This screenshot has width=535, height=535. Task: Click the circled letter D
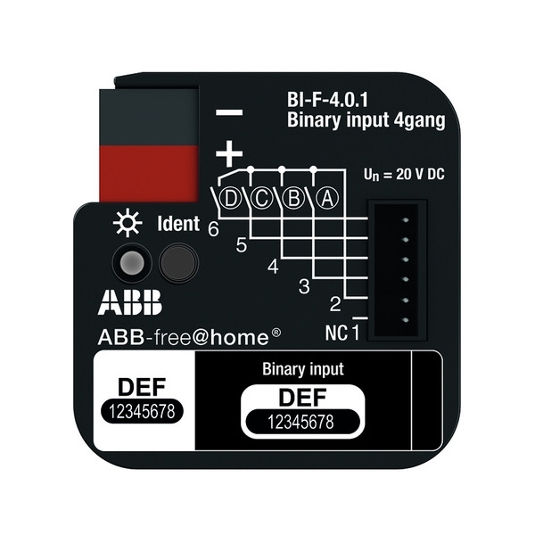(231, 198)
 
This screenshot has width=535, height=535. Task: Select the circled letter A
(327, 198)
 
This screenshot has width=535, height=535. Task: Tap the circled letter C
(262, 198)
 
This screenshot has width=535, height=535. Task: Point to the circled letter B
(293, 198)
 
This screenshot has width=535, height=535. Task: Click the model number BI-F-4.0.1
(327, 100)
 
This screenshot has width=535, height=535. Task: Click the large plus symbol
(229, 153)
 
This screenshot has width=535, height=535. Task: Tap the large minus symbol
(229, 112)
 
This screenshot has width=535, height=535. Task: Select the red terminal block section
(149, 173)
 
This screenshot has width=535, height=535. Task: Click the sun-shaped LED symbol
(128, 222)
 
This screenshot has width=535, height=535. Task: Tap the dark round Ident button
(178, 263)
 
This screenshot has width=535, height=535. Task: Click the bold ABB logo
(130, 302)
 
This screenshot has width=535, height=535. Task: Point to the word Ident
(178, 224)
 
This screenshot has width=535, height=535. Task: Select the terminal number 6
(214, 229)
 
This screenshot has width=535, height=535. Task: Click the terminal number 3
(304, 286)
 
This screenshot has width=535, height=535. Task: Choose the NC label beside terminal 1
(336, 333)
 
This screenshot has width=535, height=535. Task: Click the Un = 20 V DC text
(404, 175)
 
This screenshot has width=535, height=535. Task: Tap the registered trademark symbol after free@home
(276, 333)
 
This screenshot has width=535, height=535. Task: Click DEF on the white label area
(142, 387)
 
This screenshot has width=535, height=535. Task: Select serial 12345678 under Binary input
(301, 423)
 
